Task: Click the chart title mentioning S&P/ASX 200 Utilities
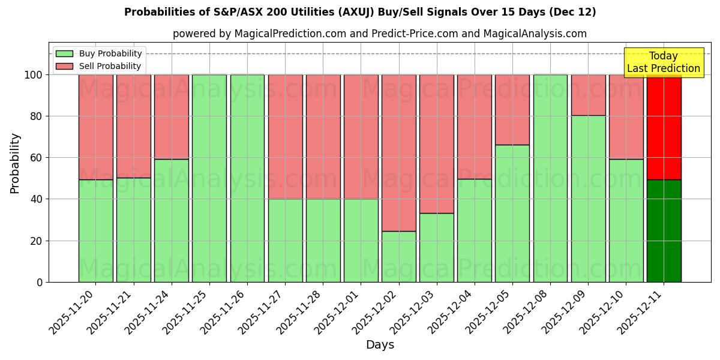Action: coord(360,12)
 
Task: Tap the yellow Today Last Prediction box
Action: coord(664,62)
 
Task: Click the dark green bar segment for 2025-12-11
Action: coord(664,231)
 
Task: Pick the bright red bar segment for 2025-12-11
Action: coord(664,127)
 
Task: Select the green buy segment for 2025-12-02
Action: coord(398,256)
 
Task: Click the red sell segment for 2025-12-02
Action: coord(398,153)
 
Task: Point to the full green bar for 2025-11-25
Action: coord(209,178)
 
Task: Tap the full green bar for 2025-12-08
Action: coord(550,178)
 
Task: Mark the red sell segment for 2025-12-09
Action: coord(588,95)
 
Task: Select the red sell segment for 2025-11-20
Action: coord(95,127)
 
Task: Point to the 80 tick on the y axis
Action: coord(37,116)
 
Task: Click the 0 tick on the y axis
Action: coord(40,282)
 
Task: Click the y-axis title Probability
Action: coord(15,163)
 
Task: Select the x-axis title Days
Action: coord(380,345)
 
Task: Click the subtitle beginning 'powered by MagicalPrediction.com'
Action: coord(380,34)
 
